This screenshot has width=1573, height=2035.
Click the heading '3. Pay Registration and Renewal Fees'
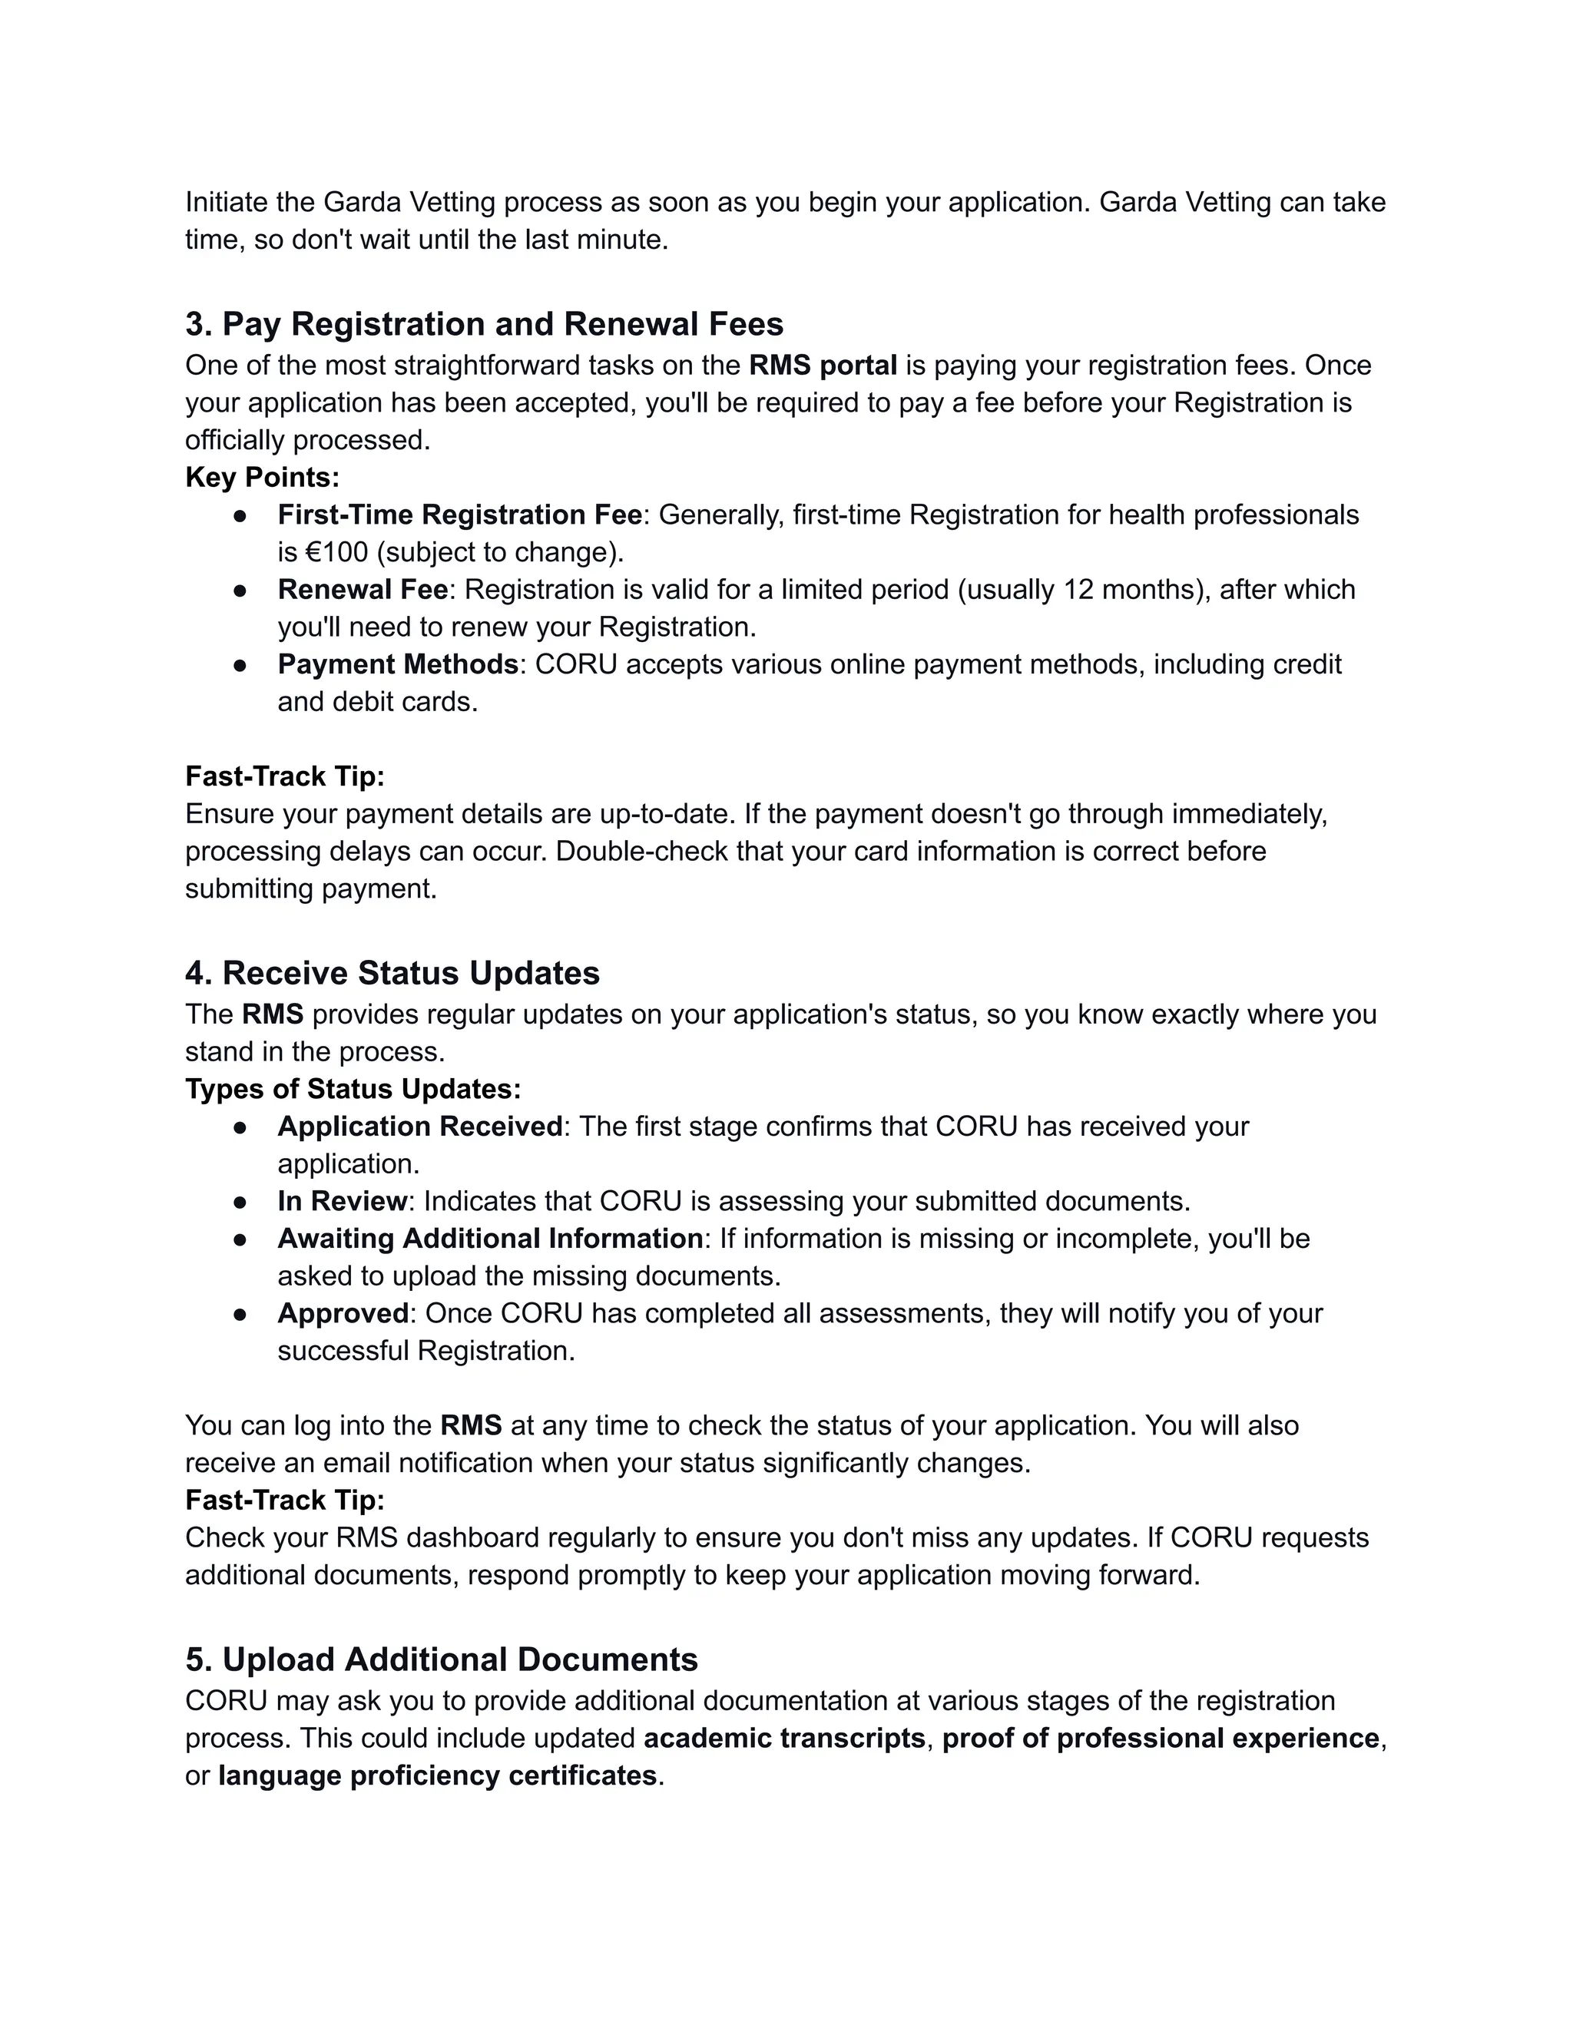[x=484, y=324]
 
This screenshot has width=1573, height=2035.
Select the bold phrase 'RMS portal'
[x=823, y=366]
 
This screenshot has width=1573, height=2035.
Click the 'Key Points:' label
[x=262, y=478]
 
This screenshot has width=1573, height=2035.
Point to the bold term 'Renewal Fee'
[x=363, y=590]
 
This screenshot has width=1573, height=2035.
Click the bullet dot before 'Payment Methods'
[x=240, y=665]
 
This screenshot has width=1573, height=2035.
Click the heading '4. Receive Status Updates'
[x=392, y=974]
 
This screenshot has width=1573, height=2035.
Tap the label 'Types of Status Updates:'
[x=353, y=1089]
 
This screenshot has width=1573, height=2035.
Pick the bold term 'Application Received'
[x=419, y=1127]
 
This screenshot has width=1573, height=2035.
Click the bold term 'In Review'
[x=342, y=1202]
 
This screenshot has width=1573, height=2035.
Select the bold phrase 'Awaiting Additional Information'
[x=490, y=1239]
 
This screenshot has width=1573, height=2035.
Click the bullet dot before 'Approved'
[x=240, y=1315]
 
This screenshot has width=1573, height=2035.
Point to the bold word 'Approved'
[x=343, y=1314]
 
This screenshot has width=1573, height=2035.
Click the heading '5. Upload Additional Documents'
[x=441, y=1659]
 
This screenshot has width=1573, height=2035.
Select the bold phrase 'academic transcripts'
[x=783, y=1739]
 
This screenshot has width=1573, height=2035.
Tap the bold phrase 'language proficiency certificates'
[x=437, y=1776]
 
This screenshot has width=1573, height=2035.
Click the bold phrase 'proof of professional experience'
[x=1161, y=1739]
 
